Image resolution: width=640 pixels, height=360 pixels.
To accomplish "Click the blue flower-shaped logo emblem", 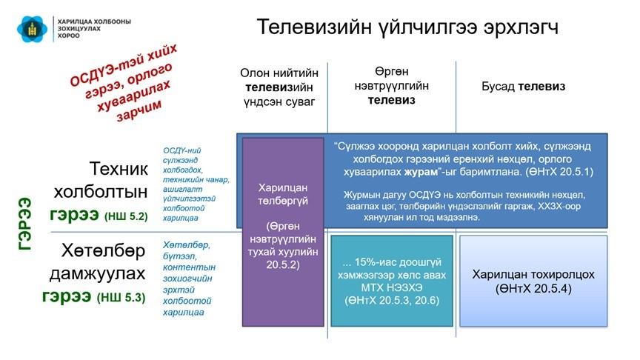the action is coord(33,29).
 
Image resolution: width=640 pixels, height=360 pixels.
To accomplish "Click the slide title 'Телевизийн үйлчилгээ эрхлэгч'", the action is coord(407,27).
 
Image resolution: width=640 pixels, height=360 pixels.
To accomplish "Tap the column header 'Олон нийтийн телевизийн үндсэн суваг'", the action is coord(279,87).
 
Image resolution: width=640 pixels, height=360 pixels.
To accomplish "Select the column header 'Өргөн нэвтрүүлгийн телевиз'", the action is coord(391,86).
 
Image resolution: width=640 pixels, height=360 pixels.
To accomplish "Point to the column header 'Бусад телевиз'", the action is coord(523,87).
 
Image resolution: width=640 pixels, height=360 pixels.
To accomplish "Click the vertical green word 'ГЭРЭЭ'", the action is coord(25,224).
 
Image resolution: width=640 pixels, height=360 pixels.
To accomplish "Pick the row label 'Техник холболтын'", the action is coord(101,180).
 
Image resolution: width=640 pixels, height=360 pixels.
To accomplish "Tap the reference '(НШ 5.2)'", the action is coord(126,216).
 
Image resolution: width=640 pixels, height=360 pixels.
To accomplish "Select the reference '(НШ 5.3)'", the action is coord(121,298).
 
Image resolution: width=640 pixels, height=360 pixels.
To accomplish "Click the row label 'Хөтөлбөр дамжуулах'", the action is coord(97,261).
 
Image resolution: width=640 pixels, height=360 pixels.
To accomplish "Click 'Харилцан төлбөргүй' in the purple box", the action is coord(283,194).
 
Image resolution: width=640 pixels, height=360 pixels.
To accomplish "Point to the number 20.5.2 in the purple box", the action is coord(283,265).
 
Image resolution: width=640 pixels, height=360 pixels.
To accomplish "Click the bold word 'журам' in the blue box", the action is coord(421,172).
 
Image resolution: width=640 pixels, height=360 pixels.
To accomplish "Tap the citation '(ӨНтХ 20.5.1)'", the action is coord(559,171).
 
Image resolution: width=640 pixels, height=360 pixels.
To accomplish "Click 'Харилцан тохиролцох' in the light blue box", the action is coord(533,274).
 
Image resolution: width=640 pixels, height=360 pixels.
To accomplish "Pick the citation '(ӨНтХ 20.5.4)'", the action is coord(533,289).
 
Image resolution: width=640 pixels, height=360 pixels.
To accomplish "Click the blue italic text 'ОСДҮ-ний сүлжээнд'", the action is coord(181,155).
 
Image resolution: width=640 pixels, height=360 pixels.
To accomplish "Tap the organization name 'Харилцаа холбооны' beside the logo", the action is coord(94,21).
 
